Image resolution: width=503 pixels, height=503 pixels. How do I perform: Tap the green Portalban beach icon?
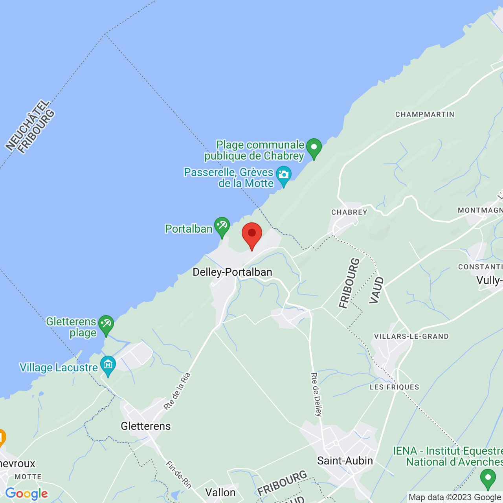click(x=222, y=226)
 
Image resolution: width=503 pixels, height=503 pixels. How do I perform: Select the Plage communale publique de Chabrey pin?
click(x=314, y=148)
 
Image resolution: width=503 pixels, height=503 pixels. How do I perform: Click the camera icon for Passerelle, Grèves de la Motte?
click(x=283, y=176)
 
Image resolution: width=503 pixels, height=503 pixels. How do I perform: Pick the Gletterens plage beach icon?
click(x=106, y=325)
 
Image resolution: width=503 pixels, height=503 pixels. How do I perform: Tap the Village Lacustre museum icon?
click(x=108, y=365)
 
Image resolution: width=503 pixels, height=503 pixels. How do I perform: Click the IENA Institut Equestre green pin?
click(x=488, y=478)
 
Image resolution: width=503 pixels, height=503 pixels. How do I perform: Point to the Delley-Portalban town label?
click(x=232, y=272)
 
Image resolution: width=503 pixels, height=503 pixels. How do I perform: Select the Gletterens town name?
click(x=146, y=426)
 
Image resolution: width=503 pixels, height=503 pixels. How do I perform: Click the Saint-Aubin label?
click(x=345, y=461)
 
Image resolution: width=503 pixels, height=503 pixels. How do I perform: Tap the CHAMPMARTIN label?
click(x=425, y=114)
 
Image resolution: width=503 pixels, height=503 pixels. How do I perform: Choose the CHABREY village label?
click(x=349, y=212)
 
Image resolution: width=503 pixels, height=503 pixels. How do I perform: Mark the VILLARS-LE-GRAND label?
click(x=411, y=336)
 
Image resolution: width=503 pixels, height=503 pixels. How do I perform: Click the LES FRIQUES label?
click(x=395, y=387)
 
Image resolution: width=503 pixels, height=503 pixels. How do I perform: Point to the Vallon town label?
click(x=220, y=492)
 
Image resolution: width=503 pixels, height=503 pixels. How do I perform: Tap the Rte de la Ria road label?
click(x=177, y=391)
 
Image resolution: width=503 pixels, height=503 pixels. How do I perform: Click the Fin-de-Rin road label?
click(x=179, y=474)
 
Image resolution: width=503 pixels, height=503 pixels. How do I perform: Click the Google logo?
click(x=26, y=494)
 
